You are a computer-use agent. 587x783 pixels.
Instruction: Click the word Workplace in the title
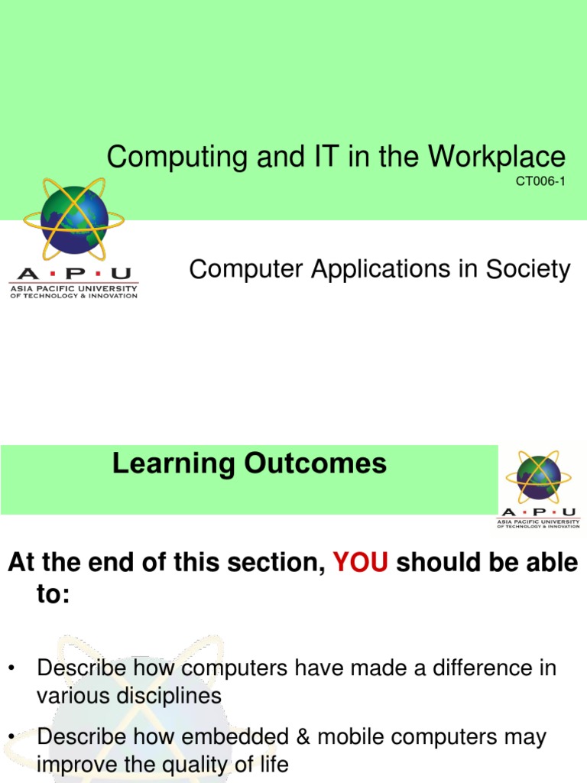pyautogui.click(x=497, y=158)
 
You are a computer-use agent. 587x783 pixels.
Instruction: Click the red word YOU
pyautogui.click(x=362, y=563)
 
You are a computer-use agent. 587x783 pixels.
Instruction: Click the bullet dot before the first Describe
pyautogui.click(x=11, y=668)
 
